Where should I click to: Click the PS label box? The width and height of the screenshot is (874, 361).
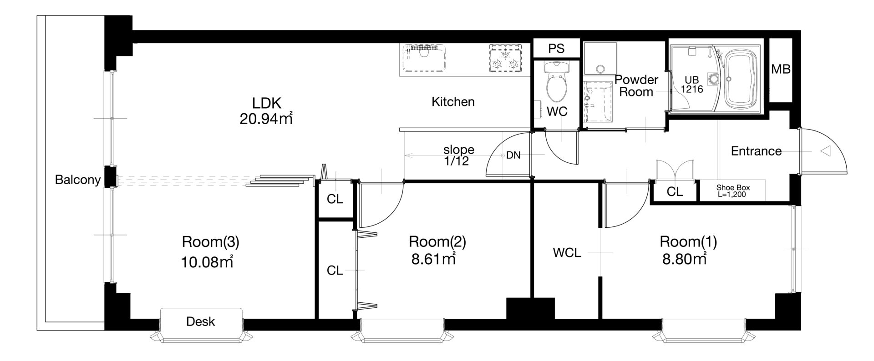point(556,49)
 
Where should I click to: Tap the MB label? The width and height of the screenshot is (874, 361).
point(781,70)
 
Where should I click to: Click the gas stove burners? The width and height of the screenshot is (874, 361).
point(504,58)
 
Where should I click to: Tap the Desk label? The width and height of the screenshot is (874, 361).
point(201,322)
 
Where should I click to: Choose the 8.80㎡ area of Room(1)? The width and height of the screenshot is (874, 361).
point(685,259)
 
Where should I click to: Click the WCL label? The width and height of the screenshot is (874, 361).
point(567,253)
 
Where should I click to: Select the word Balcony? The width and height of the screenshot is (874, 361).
point(77,180)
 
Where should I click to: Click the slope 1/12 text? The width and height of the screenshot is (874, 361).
point(459,155)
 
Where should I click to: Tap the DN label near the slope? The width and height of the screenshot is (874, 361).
point(513,155)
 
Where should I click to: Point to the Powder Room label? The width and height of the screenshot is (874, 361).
point(636,85)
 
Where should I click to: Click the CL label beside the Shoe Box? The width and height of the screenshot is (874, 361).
point(675,192)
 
